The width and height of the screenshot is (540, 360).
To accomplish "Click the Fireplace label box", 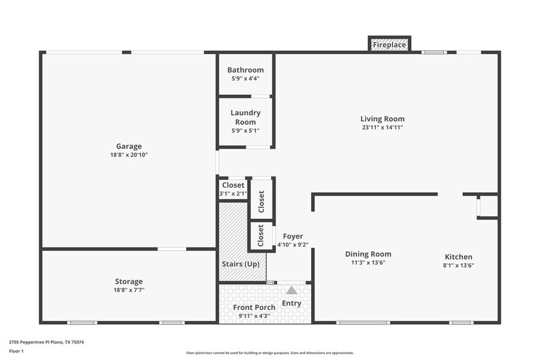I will (x=389, y=45).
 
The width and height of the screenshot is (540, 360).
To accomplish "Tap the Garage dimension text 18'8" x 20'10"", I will (x=129, y=156).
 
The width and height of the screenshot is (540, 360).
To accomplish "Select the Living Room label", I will (x=382, y=119).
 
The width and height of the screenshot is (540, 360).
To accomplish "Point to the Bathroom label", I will (x=245, y=70).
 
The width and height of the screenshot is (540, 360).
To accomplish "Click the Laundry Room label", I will (x=245, y=118).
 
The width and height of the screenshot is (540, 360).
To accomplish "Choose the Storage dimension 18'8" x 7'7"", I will (x=129, y=290).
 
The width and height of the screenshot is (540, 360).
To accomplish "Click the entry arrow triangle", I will (x=291, y=290).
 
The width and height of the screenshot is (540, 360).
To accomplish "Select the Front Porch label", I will (x=254, y=307).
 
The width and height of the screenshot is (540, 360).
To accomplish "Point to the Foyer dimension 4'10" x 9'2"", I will (x=293, y=245).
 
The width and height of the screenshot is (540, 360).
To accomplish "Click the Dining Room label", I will (x=368, y=254).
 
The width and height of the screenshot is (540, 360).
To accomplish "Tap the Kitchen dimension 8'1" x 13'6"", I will (x=458, y=266).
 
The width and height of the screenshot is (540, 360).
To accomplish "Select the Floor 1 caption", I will (x=17, y=351).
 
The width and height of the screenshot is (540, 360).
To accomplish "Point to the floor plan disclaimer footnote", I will (x=269, y=353).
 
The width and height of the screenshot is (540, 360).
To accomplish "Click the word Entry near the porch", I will (x=291, y=303).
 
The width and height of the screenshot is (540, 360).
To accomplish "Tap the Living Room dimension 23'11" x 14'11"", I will (x=382, y=127).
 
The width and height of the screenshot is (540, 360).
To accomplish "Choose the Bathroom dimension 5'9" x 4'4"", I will (x=245, y=78).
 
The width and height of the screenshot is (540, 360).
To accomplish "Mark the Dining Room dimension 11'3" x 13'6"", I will (x=368, y=263).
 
